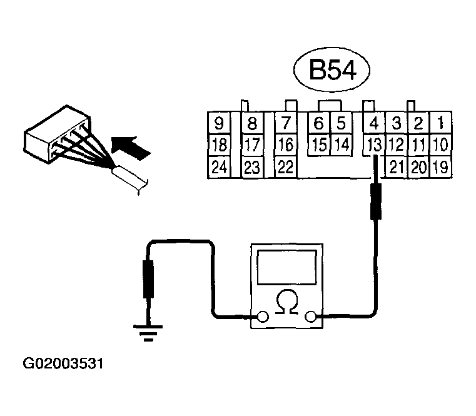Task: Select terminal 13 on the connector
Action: click(x=374, y=146)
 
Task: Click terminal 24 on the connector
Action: click(x=219, y=168)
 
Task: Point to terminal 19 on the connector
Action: click(x=440, y=168)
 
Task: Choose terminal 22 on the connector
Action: click(x=285, y=168)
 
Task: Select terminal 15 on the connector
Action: click(x=319, y=146)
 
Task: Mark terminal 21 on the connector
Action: click(x=396, y=168)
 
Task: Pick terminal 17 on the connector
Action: click(x=252, y=146)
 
